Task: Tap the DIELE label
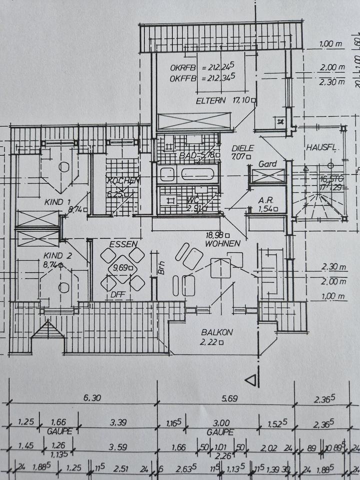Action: pyautogui.click(x=243, y=148)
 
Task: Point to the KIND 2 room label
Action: pyautogui.click(x=57, y=255)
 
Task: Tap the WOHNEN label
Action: pyautogui.click(x=222, y=243)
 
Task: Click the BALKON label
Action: pyautogui.click(x=217, y=332)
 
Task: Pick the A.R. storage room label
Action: pyautogui.click(x=264, y=200)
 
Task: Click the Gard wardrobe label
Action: pyautogui.click(x=267, y=164)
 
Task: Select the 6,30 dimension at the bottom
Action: pyautogui.click(x=93, y=398)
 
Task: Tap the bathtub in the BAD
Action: pyautogui.click(x=199, y=174)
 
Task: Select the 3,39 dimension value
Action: pyautogui.click(x=118, y=423)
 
